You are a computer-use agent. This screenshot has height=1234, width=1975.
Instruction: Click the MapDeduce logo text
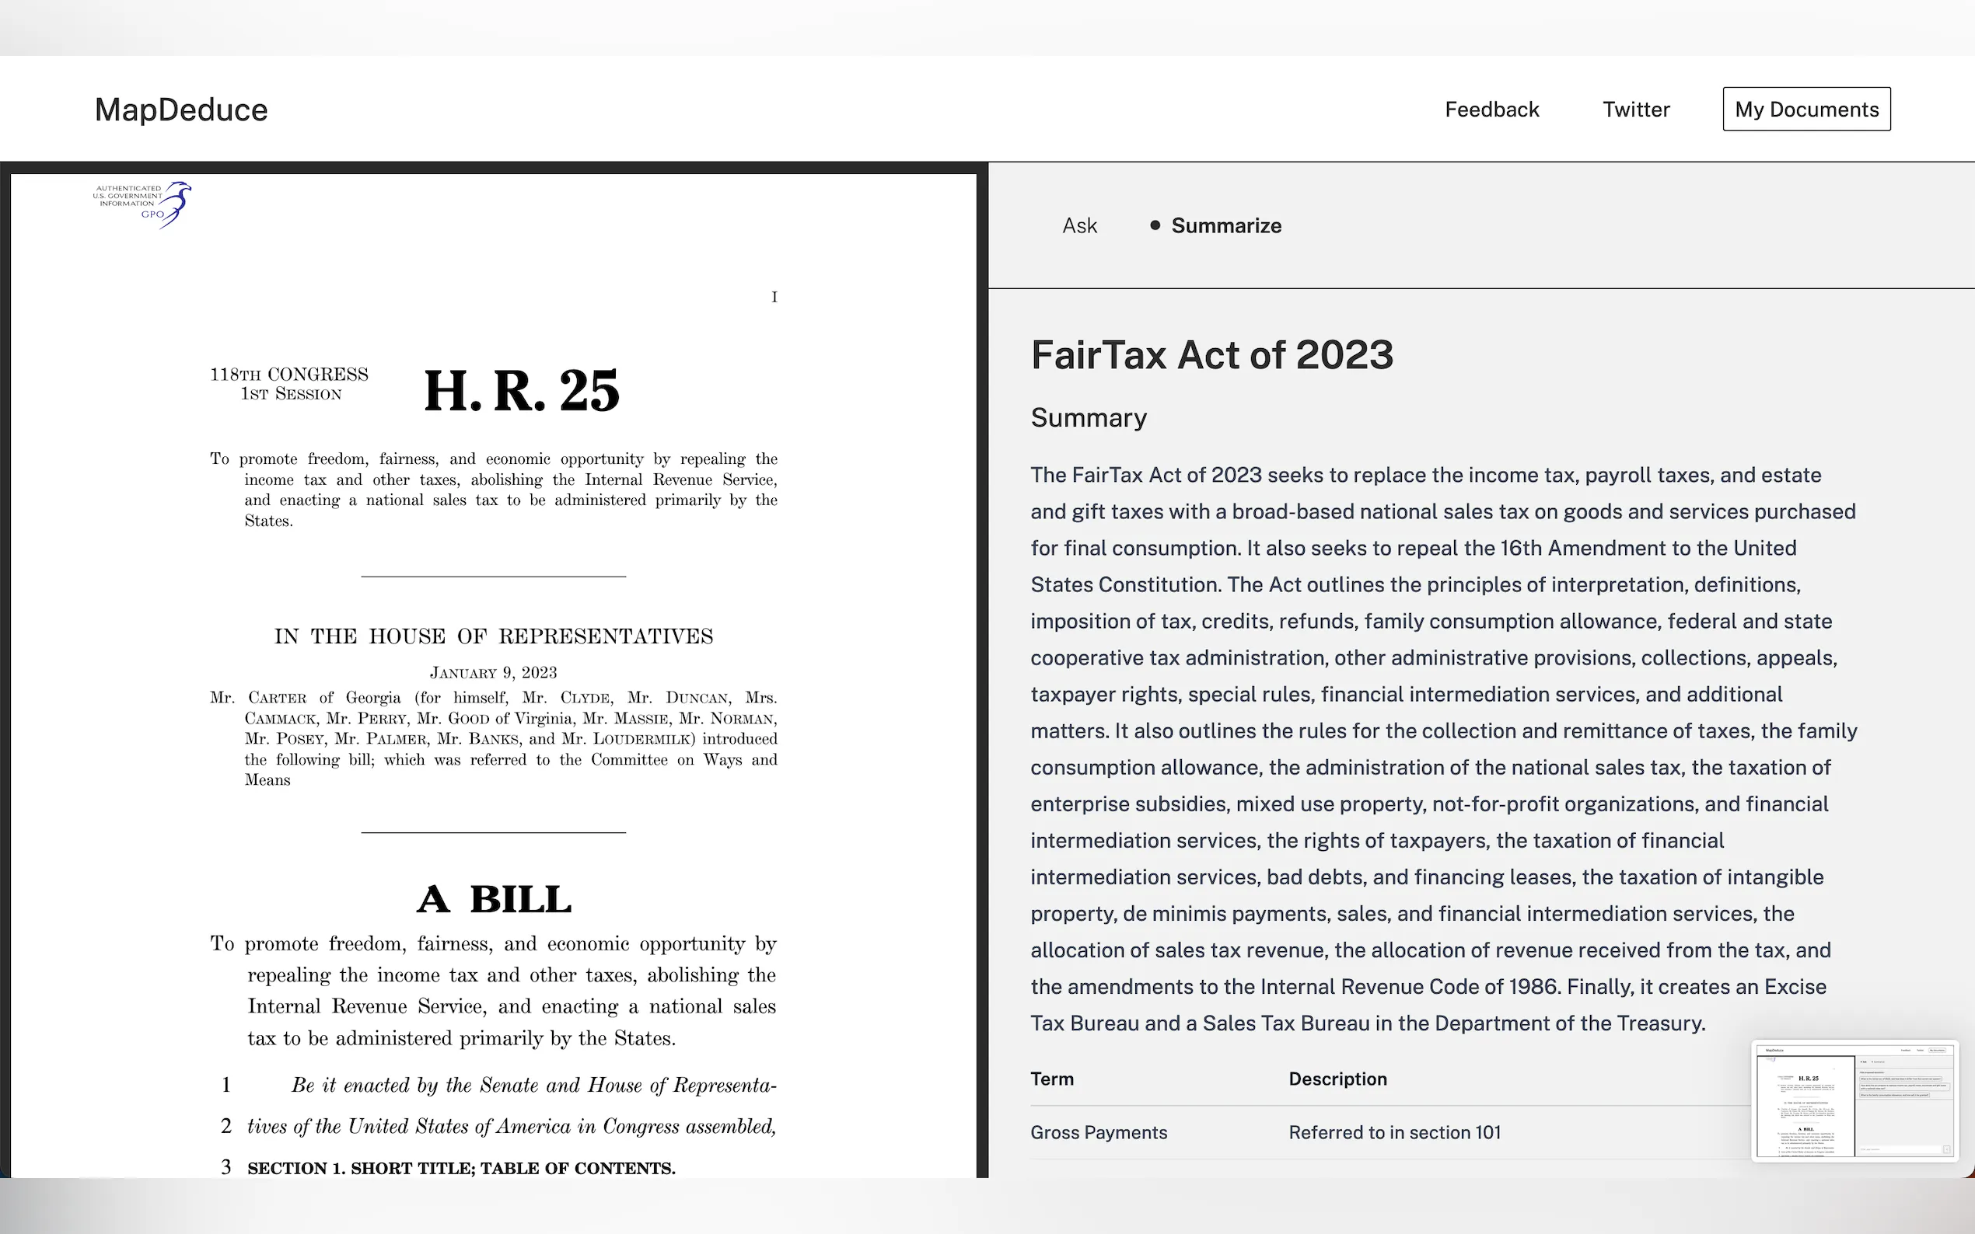point(181,110)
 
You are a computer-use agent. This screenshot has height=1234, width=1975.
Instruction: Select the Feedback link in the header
point(1491,110)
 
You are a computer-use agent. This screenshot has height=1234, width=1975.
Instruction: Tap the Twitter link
point(1635,110)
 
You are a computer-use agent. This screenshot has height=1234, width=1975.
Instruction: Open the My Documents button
point(1806,110)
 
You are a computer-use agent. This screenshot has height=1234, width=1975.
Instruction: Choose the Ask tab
point(1079,226)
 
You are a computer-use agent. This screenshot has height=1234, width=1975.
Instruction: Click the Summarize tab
point(1225,226)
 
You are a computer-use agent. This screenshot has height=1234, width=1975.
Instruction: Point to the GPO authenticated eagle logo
point(143,204)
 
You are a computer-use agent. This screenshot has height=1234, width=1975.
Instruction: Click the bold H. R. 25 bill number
point(522,390)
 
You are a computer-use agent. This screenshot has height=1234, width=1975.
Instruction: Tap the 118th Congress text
point(289,375)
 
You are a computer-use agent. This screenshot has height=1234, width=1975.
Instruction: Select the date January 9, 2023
point(493,672)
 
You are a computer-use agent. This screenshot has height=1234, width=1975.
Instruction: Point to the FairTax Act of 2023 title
point(1211,355)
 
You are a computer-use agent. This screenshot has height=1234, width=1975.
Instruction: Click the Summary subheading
point(1089,418)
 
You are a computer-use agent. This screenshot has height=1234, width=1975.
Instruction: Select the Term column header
point(1051,1079)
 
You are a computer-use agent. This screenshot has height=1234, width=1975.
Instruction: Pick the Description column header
point(1337,1079)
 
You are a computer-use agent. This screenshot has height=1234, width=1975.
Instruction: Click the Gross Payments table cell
point(1098,1133)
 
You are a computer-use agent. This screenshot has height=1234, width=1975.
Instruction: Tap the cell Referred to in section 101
point(1394,1133)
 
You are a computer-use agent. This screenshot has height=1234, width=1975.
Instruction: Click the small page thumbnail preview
point(1854,1100)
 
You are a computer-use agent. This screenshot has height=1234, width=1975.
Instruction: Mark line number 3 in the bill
point(226,1167)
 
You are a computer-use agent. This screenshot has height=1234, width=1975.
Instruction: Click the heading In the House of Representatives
point(493,636)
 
